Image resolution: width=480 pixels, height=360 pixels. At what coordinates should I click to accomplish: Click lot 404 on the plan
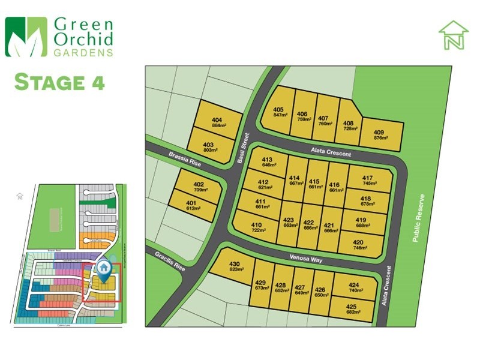click(217, 122)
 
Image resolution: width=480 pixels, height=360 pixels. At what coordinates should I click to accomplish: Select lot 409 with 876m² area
click(379, 135)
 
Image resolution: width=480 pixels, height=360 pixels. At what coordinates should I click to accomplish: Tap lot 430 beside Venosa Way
click(234, 267)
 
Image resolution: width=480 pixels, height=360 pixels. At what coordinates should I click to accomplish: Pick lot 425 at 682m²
click(353, 310)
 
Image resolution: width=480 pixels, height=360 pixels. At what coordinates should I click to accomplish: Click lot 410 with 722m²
click(258, 227)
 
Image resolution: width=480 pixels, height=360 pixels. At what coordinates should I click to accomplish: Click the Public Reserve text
click(418, 217)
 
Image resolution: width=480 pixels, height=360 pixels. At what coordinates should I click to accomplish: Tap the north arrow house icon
click(453, 35)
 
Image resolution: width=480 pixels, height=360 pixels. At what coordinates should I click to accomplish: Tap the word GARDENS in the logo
click(83, 52)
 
